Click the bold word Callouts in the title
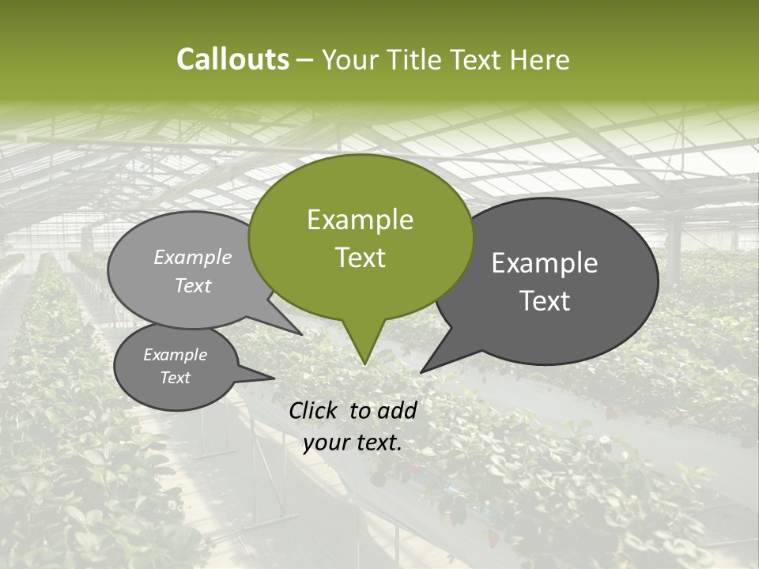(232, 59)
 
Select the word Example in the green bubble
(360, 220)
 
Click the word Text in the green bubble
(360, 258)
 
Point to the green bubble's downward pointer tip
(364, 364)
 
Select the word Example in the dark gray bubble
(545, 263)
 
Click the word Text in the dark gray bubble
(545, 301)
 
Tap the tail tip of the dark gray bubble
(421, 372)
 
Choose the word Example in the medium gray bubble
(193, 257)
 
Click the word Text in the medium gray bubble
(193, 285)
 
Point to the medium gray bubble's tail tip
(302, 334)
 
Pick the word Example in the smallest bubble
(175, 355)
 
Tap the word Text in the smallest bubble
(175, 378)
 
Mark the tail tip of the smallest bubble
(274, 378)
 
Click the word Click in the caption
(315, 410)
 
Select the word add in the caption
(397, 410)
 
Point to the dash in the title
(306, 60)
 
